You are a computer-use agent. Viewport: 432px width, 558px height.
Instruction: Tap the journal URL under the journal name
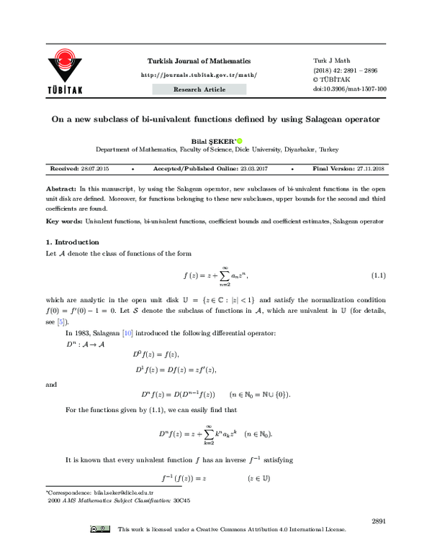click(199, 75)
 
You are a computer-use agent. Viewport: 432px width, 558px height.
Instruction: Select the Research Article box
click(199, 89)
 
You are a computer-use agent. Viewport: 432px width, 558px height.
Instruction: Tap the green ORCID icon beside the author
click(239, 140)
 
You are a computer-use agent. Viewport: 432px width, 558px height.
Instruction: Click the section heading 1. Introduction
click(72, 242)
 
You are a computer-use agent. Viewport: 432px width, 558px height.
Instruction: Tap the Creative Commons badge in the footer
click(100, 530)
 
